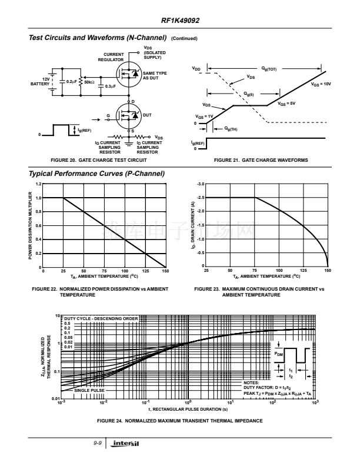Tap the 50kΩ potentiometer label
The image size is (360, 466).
tap(89, 82)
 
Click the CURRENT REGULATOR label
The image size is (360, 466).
tap(114, 57)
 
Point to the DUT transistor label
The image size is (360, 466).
tap(147, 115)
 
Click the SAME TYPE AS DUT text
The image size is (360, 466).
tap(154, 75)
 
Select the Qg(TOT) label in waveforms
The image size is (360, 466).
tap(269, 69)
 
